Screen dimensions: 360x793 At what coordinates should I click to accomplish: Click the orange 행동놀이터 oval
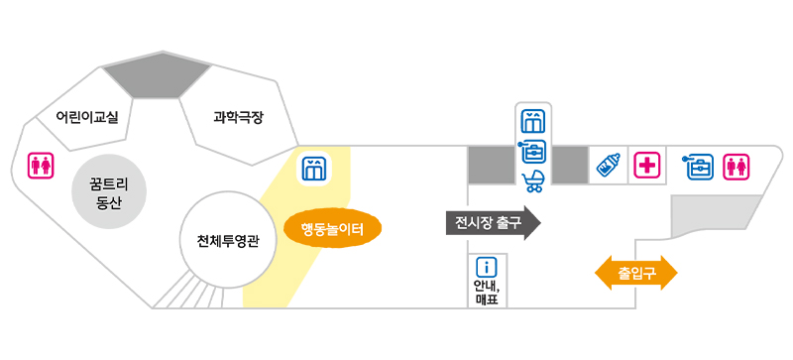pyautogui.click(x=333, y=230)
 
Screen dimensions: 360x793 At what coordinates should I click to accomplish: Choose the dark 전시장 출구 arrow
pyautogui.click(x=491, y=223)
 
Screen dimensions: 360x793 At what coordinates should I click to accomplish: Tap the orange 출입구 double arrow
pyautogui.click(x=635, y=271)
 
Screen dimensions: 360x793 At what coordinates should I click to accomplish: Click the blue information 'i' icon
pyautogui.click(x=487, y=267)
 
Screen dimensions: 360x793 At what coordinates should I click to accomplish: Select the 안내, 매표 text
pyautogui.click(x=487, y=292)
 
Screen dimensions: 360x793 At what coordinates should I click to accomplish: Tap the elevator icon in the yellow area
pyautogui.click(x=313, y=168)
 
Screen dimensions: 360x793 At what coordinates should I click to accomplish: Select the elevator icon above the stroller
pyautogui.click(x=533, y=122)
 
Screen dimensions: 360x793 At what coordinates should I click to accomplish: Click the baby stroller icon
pyautogui.click(x=533, y=180)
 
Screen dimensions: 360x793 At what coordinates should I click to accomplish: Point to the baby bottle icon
pyautogui.click(x=609, y=166)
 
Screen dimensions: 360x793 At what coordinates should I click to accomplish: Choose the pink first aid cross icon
pyautogui.click(x=648, y=166)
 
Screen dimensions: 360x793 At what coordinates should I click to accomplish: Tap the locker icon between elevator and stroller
pyautogui.click(x=533, y=151)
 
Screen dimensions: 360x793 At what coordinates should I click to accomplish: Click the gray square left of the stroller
pyautogui.click(x=492, y=165)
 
